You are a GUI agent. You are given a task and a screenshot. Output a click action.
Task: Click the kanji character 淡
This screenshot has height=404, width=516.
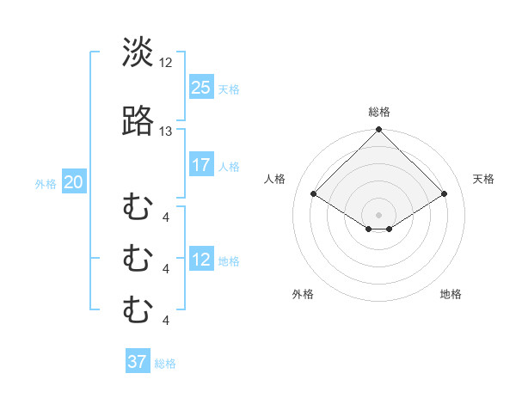point(138,53)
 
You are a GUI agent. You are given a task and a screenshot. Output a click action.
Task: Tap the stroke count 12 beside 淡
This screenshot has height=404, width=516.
point(166,62)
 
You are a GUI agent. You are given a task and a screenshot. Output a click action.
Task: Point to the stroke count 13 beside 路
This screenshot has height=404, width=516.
point(166,131)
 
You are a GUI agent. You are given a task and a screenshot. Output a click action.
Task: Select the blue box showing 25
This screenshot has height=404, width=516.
point(201,87)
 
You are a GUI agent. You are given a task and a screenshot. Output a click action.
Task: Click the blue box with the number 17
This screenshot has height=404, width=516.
point(201,165)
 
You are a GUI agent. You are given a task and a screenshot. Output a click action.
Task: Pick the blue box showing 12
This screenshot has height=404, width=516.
point(201,260)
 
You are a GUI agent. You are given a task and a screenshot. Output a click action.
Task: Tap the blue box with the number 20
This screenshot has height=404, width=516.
point(74,181)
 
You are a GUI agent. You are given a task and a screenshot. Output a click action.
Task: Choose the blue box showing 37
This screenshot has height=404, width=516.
point(138,362)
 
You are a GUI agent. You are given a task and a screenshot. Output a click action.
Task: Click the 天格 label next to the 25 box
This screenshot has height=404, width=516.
point(229,89)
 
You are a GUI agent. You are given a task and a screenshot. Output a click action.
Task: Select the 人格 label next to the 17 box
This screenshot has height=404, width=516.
point(229,167)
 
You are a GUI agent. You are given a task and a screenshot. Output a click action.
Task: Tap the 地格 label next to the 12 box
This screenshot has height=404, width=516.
point(229,261)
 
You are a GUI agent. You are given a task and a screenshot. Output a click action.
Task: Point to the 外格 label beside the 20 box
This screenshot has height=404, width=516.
point(46,183)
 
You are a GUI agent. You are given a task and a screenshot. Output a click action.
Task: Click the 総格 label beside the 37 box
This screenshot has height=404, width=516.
point(165,364)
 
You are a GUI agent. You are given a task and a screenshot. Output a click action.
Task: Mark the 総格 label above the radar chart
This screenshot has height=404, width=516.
point(379,112)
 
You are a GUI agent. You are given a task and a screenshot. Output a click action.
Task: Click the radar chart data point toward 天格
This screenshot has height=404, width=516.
point(445,194)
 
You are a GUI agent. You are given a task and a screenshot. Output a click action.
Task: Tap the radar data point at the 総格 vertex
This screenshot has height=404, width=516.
point(379,130)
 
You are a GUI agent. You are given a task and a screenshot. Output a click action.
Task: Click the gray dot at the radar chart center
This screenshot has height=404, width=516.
point(379,214)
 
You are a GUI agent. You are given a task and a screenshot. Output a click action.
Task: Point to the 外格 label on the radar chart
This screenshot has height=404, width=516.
point(303,294)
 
